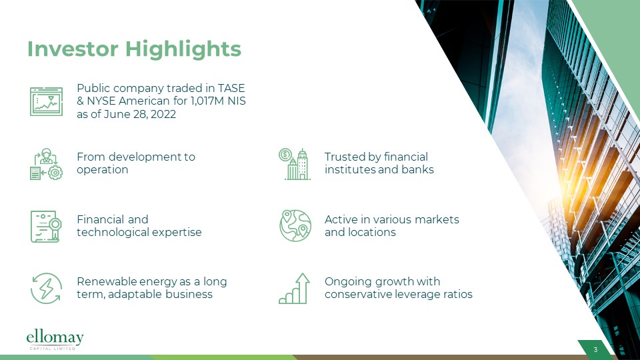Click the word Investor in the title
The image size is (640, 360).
[x=73, y=49]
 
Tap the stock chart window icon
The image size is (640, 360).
[x=46, y=101]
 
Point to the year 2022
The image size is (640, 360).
[x=163, y=114]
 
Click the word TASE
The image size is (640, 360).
[x=231, y=88]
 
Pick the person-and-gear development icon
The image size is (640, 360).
[x=46, y=164]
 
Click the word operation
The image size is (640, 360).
[x=103, y=170]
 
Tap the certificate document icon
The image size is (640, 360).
[x=46, y=227]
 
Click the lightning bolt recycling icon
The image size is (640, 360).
[x=46, y=289]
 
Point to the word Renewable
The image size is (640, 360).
[x=107, y=281]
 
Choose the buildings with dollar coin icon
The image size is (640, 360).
[x=294, y=164]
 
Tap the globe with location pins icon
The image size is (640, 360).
[x=295, y=226]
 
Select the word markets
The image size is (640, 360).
[x=437, y=219]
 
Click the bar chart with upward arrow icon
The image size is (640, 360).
[x=294, y=289]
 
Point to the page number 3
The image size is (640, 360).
[x=595, y=350]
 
